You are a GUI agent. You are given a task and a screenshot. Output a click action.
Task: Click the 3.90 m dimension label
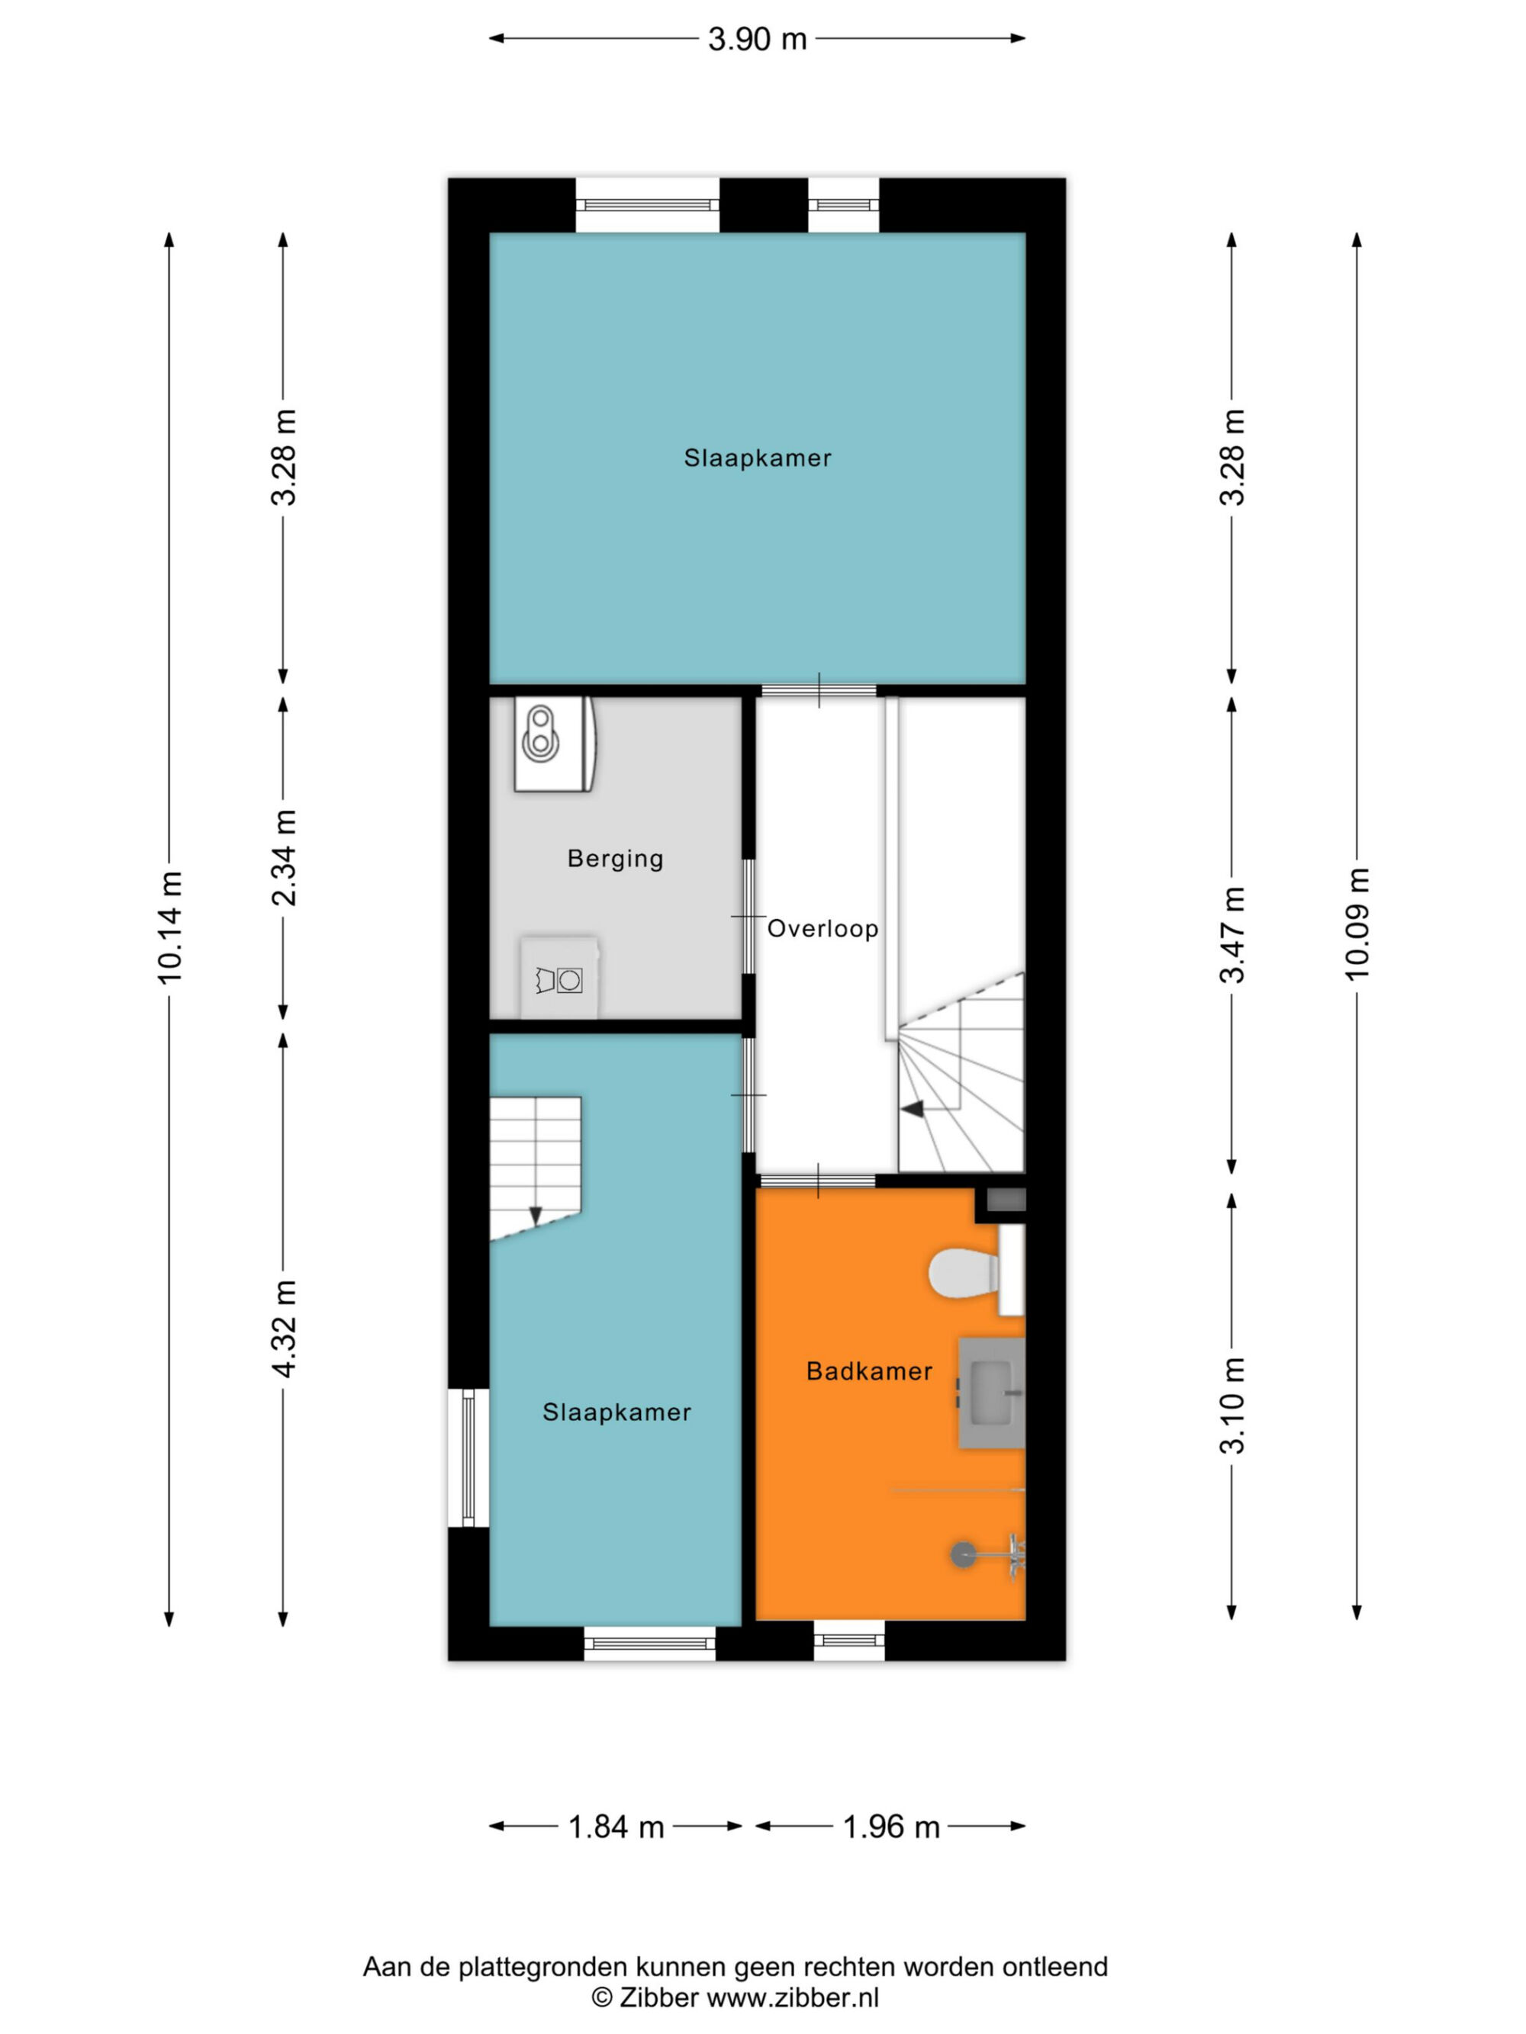coord(757,39)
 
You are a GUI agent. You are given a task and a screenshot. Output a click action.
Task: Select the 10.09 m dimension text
coord(1357,924)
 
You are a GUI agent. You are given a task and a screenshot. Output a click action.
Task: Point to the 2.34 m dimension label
coord(285,857)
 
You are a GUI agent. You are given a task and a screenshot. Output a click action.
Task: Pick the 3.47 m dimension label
coord(1231,934)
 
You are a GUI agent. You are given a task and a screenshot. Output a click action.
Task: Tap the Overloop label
coord(823,929)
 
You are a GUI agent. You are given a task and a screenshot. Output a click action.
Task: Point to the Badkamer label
coord(869,1371)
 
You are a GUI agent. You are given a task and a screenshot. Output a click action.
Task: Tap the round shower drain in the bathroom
coord(962,1555)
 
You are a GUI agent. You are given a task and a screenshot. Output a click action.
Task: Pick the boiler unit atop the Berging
coord(555,744)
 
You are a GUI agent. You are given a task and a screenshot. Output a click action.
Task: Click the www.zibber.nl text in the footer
coord(793,1997)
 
